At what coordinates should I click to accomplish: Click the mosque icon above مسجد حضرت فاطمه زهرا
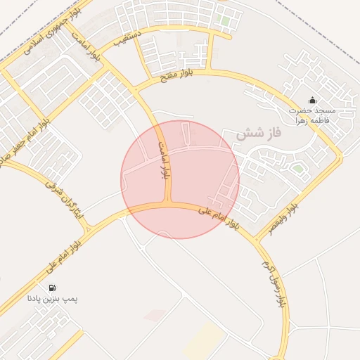(x=312, y=101)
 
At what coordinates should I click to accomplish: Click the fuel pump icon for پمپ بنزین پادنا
(x=52, y=288)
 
